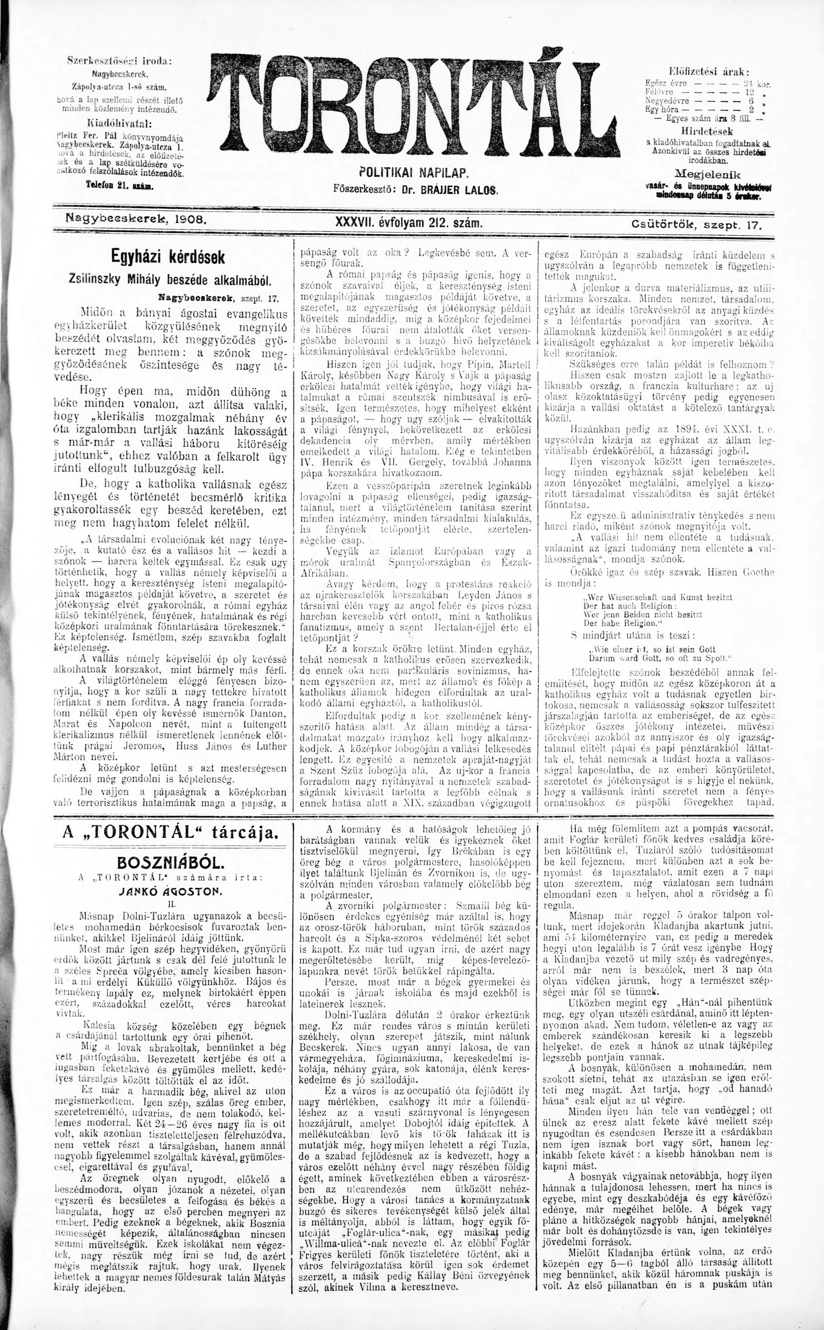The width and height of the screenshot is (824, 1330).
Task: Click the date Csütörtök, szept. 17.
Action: pos(696,223)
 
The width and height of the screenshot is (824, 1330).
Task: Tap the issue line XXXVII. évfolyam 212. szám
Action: pos(410,222)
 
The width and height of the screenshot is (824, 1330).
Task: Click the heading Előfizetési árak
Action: pos(709,72)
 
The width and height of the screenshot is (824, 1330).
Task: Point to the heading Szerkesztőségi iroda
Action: pos(118,62)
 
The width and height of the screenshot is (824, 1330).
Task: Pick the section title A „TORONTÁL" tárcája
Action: pos(170,832)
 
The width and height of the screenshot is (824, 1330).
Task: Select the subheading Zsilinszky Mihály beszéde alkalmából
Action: pos(170,281)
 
